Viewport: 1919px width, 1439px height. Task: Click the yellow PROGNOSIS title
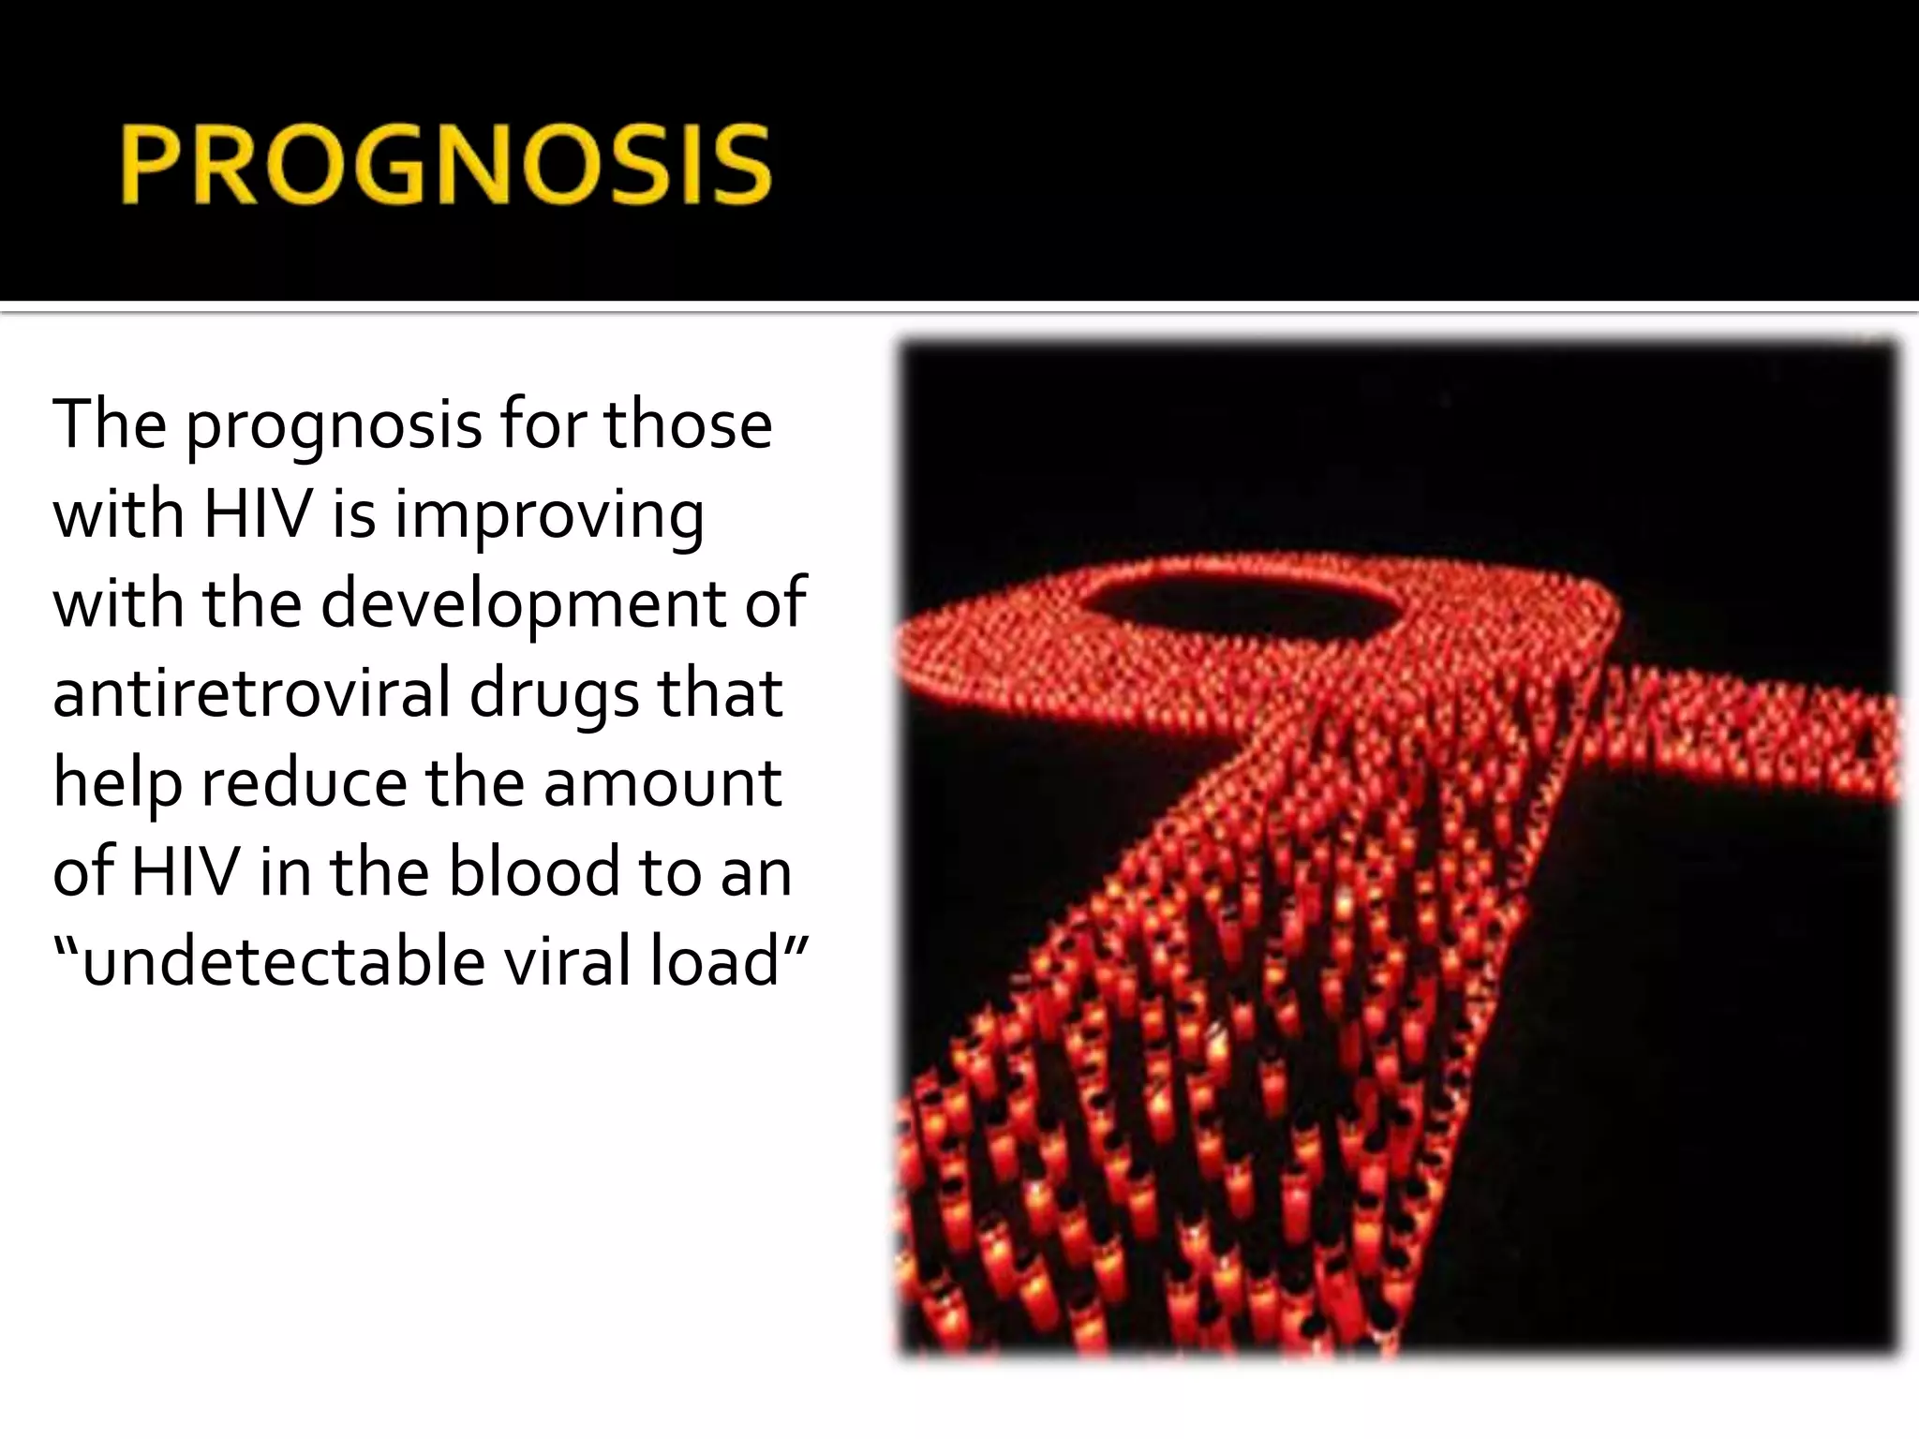[446, 166]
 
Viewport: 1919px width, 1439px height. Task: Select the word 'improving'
[548, 516]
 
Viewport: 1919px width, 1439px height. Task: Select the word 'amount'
[662, 783]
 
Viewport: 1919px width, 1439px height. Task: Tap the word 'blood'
[532, 871]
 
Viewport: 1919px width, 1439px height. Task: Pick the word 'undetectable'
[282, 961]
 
